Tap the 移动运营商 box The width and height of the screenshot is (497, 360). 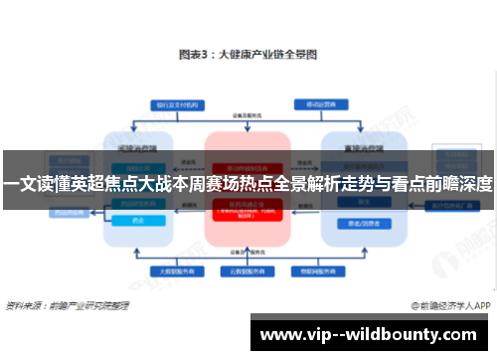click(316, 104)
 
